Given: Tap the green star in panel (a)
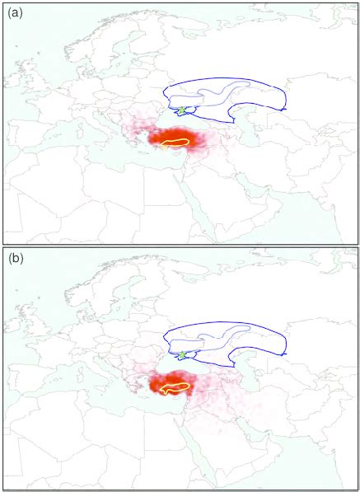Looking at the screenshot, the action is (x=181, y=110).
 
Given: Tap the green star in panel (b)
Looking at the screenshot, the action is (x=181, y=354).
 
